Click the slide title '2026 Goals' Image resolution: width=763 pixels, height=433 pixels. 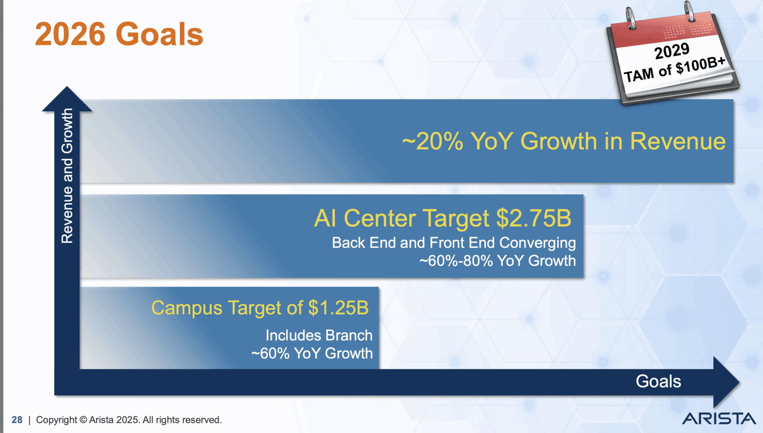(119, 34)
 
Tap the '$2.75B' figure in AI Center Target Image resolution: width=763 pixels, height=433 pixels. (534, 218)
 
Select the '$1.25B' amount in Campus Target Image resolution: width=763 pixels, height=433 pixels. (338, 308)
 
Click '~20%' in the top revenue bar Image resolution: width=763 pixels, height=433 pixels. (433, 141)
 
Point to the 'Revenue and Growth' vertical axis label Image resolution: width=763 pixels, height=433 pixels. (67, 175)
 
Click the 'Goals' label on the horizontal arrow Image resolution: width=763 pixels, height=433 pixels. (658, 381)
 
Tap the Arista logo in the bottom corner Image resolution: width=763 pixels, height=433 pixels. (719, 419)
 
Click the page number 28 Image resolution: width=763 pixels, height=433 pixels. (17, 420)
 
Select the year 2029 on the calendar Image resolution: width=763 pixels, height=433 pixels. (672, 51)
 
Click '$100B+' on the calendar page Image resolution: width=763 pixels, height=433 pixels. (701, 65)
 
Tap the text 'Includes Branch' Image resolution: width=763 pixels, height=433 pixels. (319, 335)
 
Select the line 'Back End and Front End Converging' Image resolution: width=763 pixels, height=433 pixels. (453, 243)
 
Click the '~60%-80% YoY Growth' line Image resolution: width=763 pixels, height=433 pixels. (498, 261)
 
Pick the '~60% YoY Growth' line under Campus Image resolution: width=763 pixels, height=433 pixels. (312, 353)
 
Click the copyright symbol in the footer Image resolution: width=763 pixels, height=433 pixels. (83, 420)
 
